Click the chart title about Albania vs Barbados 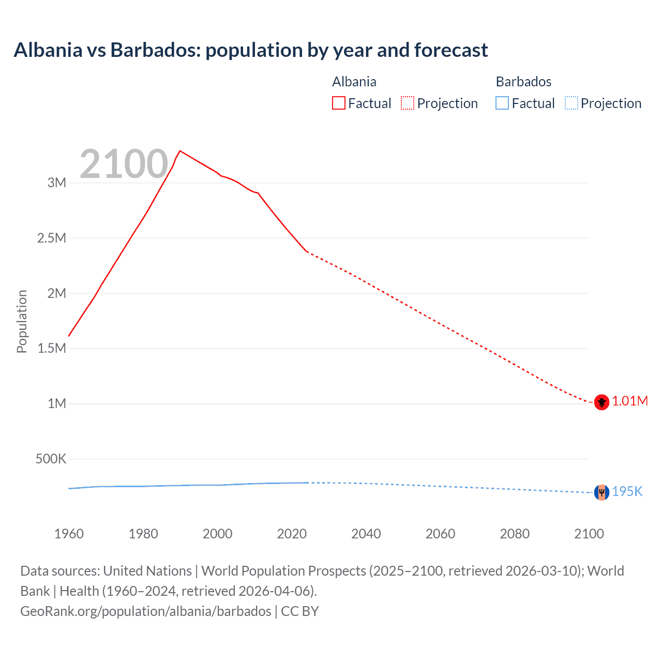251,50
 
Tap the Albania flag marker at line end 601,402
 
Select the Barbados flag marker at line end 601,492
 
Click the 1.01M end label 630,401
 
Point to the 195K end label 627,492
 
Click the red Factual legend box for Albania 339,103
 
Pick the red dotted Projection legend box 408,103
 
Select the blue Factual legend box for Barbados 502,103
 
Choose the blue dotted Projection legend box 571,103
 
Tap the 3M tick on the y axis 57,183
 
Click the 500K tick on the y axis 51,459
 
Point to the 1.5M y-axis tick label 52,348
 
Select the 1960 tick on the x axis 69,534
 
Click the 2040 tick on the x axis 366,534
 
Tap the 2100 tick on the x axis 589,534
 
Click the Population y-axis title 22,321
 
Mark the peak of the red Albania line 179,151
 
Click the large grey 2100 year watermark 124,164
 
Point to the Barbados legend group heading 523,82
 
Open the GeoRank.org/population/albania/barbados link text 146,611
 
